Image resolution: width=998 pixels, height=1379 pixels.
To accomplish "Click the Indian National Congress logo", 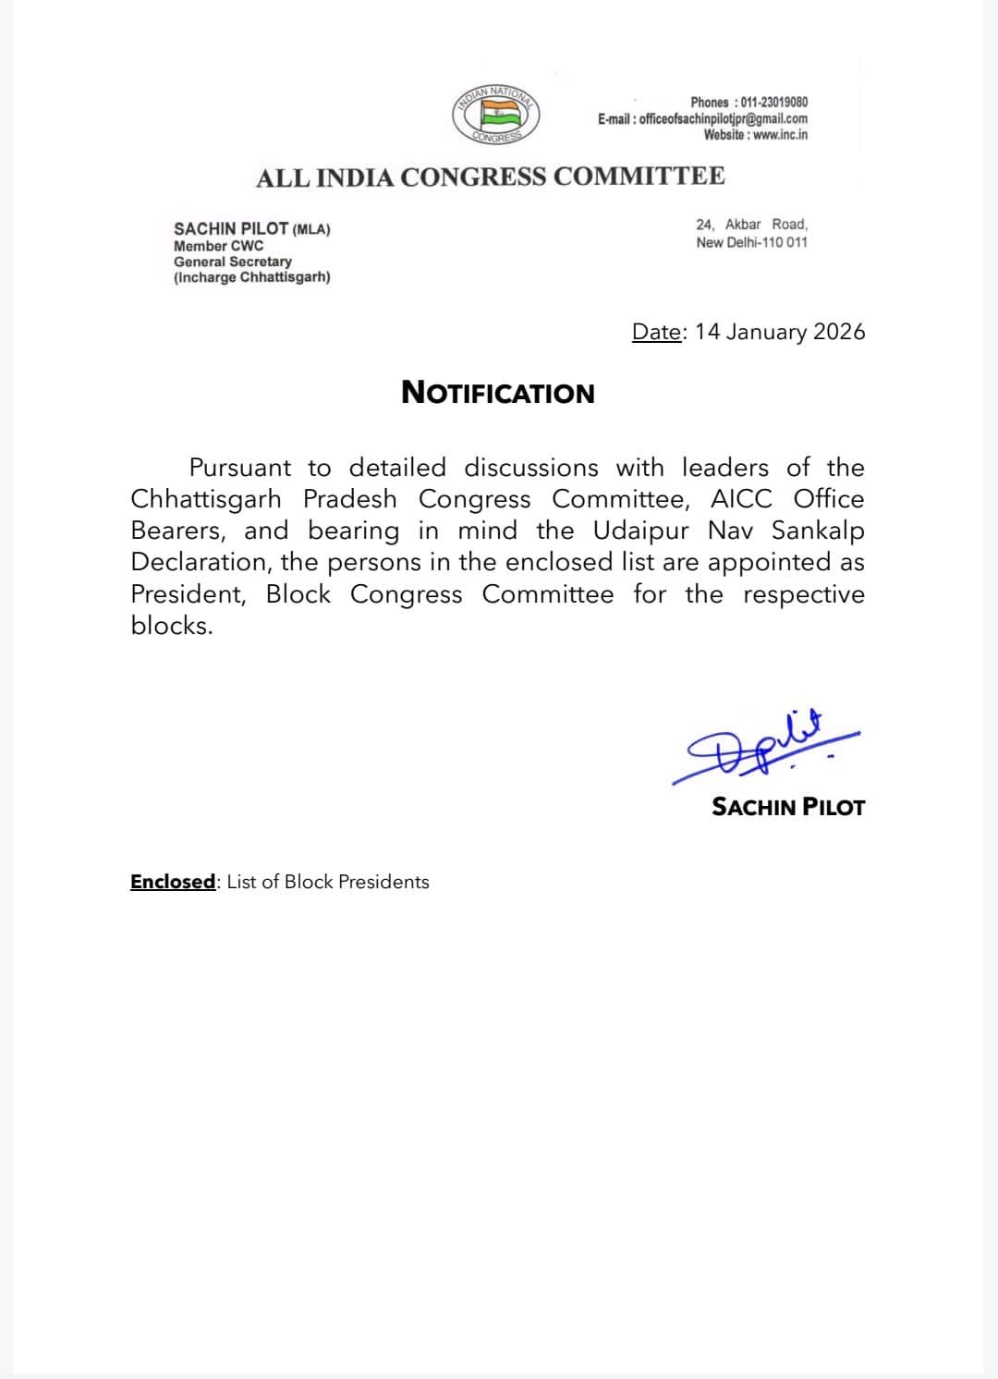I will (495, 116).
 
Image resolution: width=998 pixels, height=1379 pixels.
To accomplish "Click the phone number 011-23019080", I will (773, 103).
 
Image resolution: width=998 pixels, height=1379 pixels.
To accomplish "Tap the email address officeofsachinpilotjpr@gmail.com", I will (723, 118).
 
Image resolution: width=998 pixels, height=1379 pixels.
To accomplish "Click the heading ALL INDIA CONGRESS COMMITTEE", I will (490, 177).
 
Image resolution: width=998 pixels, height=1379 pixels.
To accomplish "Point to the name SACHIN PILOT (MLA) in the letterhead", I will (251, 228).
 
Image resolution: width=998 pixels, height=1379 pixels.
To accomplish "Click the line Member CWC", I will (218, 246).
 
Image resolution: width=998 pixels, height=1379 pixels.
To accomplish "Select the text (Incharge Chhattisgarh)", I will (251, 277).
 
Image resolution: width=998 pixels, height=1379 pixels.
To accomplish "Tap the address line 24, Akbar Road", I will (751, 225).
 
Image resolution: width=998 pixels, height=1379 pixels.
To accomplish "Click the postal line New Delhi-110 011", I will (751, 242).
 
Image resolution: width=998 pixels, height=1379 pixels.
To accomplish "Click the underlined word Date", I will (656, 333).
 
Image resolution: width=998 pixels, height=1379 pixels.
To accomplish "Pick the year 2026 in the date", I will (839, 332).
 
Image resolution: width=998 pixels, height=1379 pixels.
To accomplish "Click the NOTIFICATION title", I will (498, 393).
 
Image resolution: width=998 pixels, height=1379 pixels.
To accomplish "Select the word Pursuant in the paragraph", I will (239, 468).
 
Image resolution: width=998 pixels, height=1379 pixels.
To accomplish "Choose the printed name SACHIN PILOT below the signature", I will (788, 807).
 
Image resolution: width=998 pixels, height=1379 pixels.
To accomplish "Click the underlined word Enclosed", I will (173, 882).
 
